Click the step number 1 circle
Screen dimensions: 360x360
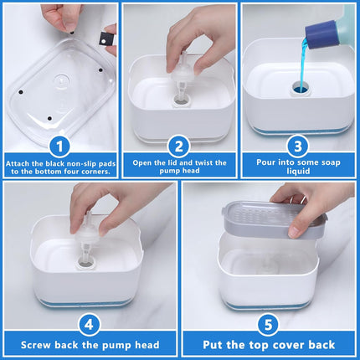click(x=59, y=147)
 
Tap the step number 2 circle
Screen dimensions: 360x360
click(x=179, y=147)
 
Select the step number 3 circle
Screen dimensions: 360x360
click(x=298, y=147)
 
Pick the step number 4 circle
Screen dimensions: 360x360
click(x=89, y=325)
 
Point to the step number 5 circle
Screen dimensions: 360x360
click(x=268, y=325)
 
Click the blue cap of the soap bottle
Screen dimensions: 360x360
click(x=321, y=34)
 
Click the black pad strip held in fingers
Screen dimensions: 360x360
click(x=104, y=39)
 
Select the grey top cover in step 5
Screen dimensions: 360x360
click(x=275, y=219)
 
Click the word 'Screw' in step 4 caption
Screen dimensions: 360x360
click(x=36, y=345)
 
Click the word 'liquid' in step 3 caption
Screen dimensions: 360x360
click(x=298, y=171)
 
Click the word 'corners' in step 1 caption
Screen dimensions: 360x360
click(x=95, y=172)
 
